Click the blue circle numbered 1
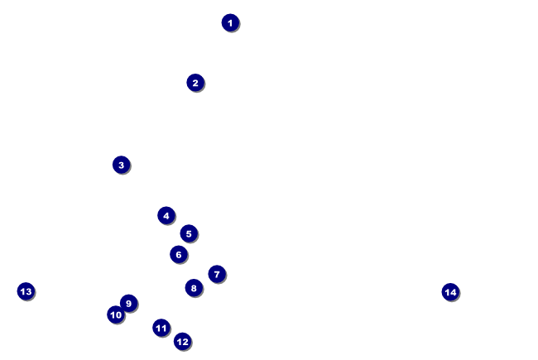click(230, 22)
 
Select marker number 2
click(195, 83)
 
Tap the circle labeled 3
click(121, 165)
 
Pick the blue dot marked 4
click(166, 216)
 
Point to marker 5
click(189, 233)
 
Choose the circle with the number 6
click(178, 254)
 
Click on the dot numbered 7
click(217, 274)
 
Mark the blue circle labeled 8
click(194, 288)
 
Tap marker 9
click(128, 303)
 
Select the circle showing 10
click(116, 314)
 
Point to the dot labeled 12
click(182, 341)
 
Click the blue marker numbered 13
click(26, 291)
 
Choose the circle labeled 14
click(449, 291)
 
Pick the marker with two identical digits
click(161, 328)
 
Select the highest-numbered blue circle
click(449, 291)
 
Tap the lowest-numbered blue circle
click(230, 22)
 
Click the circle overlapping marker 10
click(128, 303)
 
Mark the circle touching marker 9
click(116, 314)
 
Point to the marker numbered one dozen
click(182, 341)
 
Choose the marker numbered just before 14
click(26, 291)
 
